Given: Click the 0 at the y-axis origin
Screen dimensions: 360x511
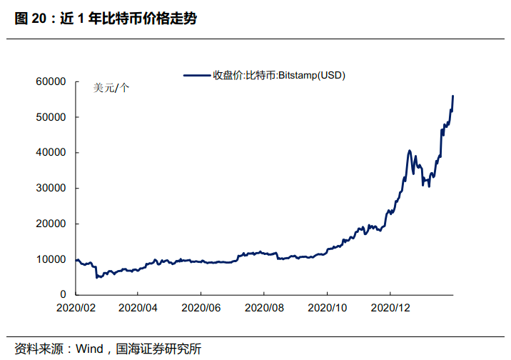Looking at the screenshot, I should point(63,294).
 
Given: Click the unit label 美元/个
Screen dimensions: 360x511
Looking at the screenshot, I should point(111,89).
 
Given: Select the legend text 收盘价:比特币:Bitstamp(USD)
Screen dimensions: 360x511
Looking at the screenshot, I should point(278,75).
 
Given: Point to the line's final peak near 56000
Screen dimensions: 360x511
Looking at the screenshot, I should point(453,96).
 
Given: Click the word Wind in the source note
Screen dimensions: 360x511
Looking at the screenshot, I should point(89,349).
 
